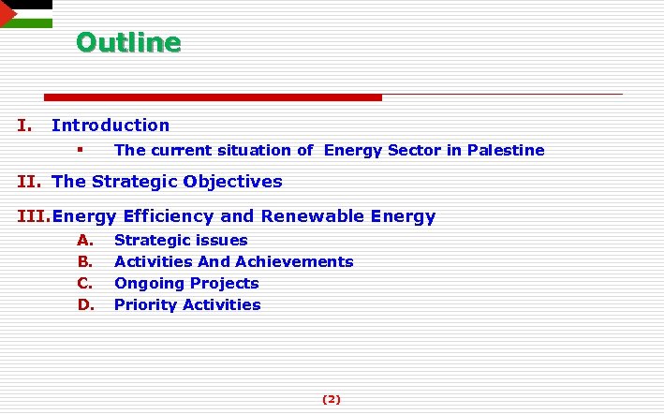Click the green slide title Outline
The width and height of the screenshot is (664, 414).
(x=128, y=43)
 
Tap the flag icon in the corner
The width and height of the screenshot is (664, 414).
(x=25, y=14)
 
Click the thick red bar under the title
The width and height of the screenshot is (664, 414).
(x=214, y=97)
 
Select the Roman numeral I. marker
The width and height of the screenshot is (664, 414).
(x=25, y=125)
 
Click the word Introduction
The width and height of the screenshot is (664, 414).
(x=111, y=125)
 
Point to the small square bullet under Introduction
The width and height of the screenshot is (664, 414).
(x=81, y=150)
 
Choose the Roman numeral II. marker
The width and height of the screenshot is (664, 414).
(x=31, y=181)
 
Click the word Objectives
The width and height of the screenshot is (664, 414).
(x=233, y=181)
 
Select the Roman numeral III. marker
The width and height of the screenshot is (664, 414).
(x=34, y=216)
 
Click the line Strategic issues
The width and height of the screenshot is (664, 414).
(x=181, y=241)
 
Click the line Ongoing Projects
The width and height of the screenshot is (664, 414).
(x=186, y=283)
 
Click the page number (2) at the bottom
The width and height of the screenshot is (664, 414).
(x=332, y=399)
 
